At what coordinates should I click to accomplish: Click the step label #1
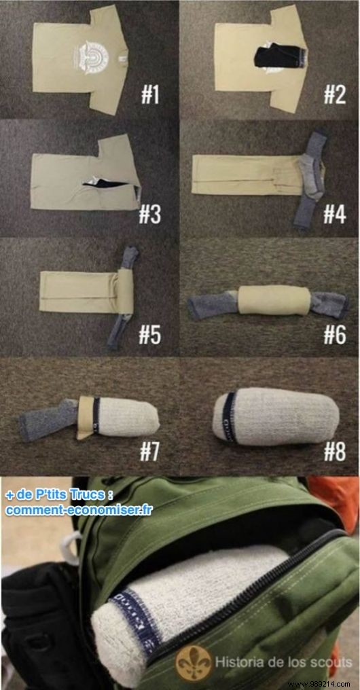click(x=149, y=94)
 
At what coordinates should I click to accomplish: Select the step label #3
click(x=149, y=215)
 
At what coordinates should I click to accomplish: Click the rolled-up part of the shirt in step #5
click(x=123, y=292)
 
